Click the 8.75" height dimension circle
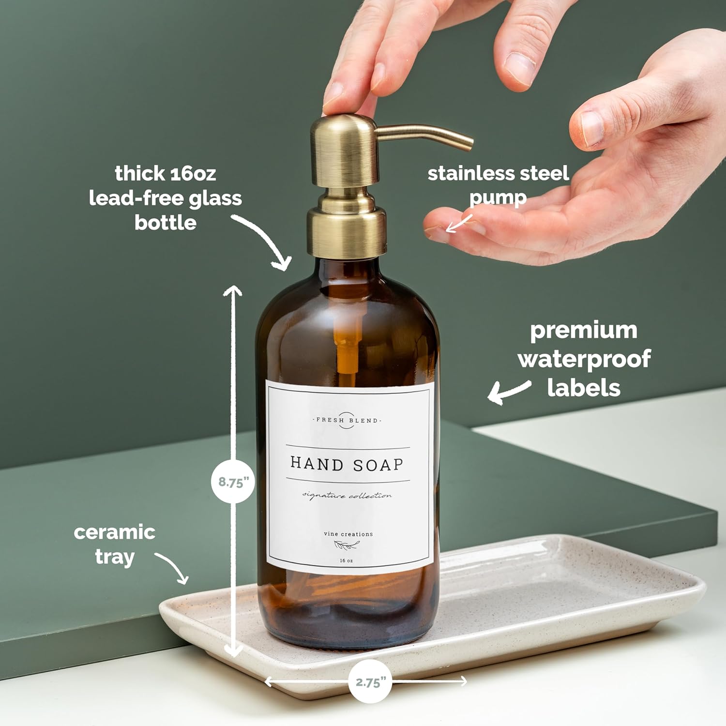coord(233,482)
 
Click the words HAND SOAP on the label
coord(347,464)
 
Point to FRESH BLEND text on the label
coord(347,420)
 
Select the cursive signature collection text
coord(347,495)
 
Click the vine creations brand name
coord(348,534)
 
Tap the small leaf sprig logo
coord(347,546)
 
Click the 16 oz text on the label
coord(347,560)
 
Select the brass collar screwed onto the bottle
coord(347,232)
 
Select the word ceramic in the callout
coord(115,532)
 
